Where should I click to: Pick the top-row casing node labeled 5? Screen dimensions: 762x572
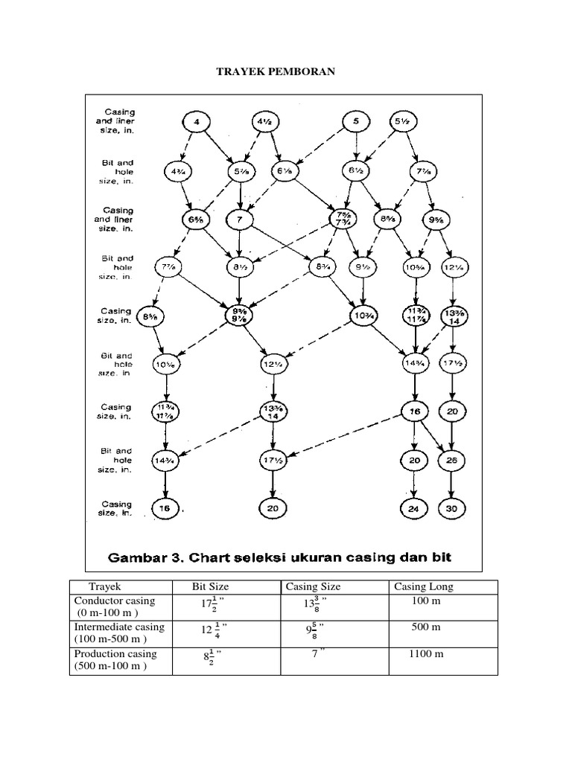356,121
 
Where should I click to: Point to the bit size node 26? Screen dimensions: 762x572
451,461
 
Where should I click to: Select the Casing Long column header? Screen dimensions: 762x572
423,586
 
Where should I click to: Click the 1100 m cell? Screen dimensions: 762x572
426,654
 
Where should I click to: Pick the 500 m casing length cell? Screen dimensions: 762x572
426,627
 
